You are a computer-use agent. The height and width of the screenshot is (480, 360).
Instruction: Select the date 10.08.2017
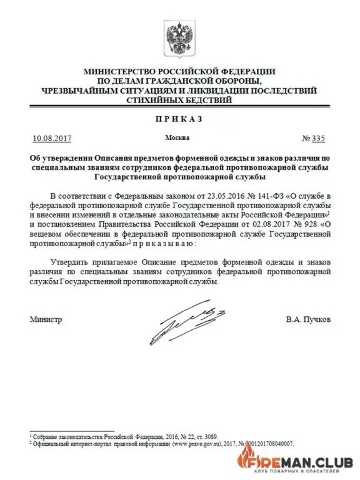point(52,138)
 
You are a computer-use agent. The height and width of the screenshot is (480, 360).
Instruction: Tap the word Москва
point(177,137)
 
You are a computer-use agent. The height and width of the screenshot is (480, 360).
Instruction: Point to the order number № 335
point(314,138)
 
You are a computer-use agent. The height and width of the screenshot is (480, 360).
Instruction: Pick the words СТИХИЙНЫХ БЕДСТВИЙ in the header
point(179,100)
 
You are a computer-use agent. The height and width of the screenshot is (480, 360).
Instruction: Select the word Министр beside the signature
point(46,319)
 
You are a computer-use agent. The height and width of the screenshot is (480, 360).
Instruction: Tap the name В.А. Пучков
point(308,319)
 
